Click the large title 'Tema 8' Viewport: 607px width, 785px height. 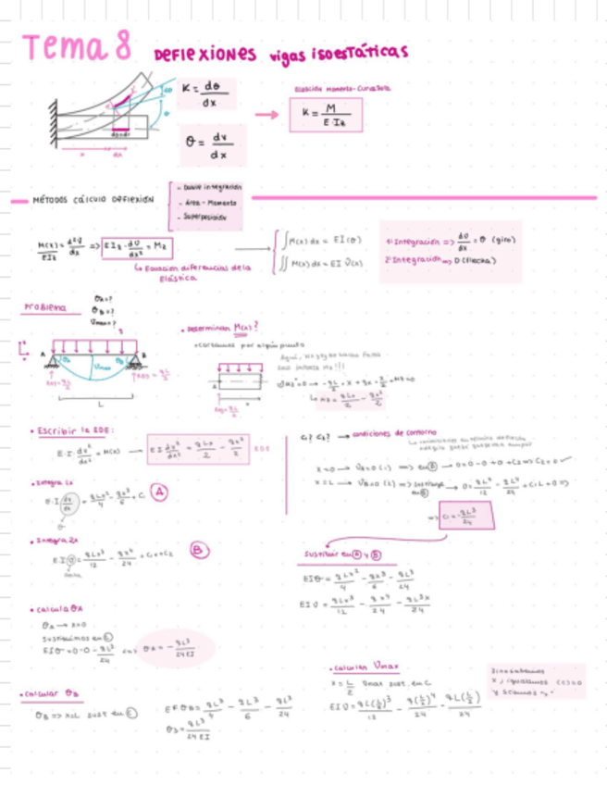coord(79,47)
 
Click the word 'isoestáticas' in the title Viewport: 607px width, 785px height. coord(355,54)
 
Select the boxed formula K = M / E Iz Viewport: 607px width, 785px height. coord(325,115)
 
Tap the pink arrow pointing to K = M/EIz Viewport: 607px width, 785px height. coord(266,114)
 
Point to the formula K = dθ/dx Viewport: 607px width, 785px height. coord(204,95)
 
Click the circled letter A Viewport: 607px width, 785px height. coord(159,493)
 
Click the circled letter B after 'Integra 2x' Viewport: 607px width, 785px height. coord(197,551)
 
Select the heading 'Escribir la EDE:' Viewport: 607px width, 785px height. coord(74,430)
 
